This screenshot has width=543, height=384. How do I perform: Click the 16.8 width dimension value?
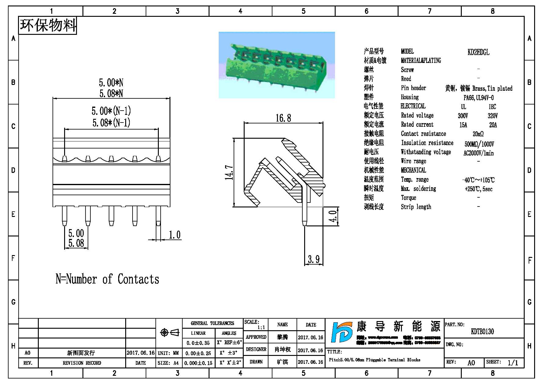283,118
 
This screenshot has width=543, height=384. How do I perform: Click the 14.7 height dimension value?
229,173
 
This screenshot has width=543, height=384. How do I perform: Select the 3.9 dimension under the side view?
314,259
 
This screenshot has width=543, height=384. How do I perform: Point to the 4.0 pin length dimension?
333,216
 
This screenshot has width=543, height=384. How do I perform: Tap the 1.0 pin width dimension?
174,235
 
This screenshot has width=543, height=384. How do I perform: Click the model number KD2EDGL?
478,52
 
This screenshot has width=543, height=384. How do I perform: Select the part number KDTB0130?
482,331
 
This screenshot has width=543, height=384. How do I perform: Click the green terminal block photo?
276,65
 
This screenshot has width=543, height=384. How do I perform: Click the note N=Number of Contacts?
107,279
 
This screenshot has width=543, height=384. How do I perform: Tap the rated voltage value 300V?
463,116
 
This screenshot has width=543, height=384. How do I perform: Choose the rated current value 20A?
493,125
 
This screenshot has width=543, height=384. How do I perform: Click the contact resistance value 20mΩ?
478,134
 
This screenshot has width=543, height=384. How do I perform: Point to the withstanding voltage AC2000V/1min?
478,153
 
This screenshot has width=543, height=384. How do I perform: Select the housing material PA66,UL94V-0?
478,98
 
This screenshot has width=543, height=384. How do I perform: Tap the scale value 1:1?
261,327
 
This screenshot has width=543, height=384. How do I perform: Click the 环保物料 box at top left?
48,25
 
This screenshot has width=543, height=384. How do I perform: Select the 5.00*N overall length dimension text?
111,83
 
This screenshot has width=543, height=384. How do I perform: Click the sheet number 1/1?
513,363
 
